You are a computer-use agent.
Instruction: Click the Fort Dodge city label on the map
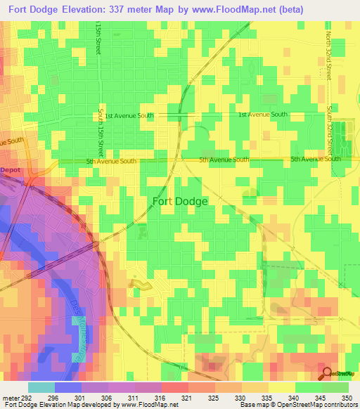tap(180, 201)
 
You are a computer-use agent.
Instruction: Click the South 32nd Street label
tap(328, 131)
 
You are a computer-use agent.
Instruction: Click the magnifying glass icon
tap(326, 372)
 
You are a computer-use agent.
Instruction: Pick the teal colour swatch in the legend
tap(41, 387)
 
